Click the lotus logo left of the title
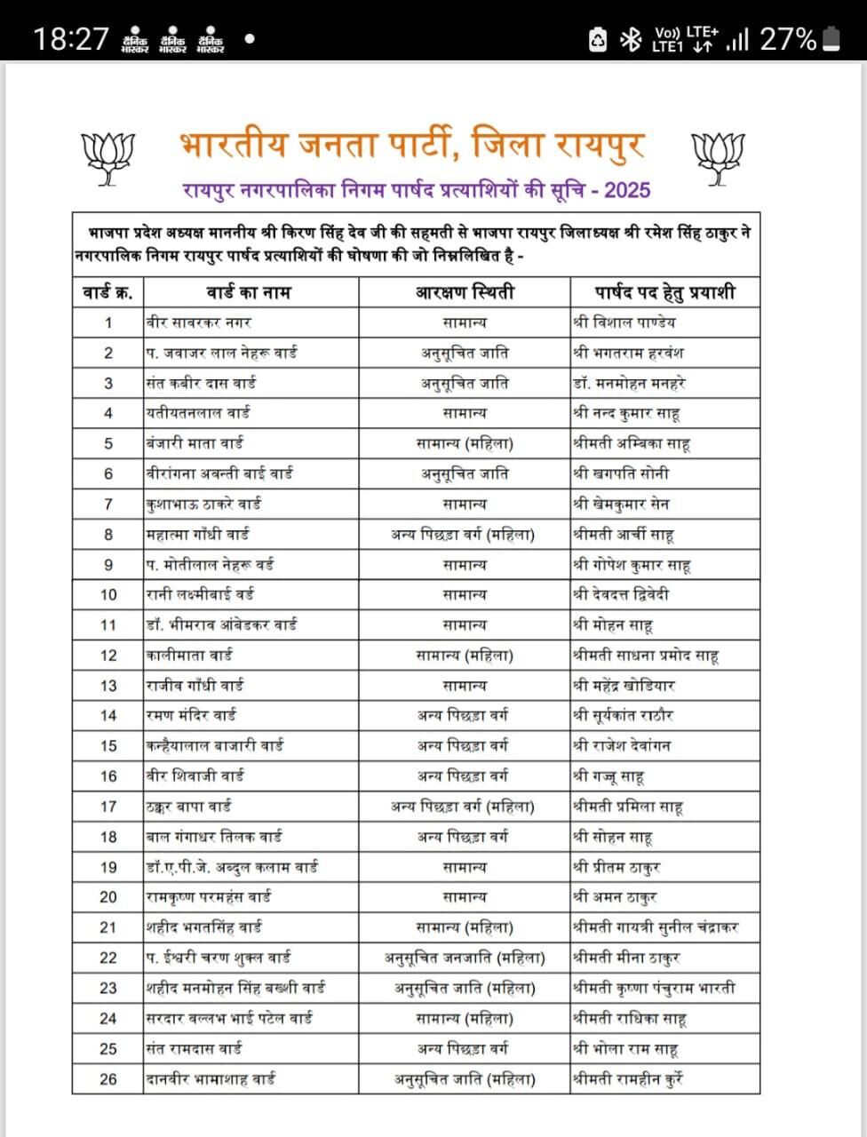click(x=107, y=159)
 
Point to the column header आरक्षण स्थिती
click(x=465, y=292)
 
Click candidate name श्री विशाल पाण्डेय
click(x=624, y=322)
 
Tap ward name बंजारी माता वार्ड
click(x=195, y=443)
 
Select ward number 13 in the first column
click(x=107, y=686)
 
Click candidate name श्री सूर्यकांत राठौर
click(x=624, y=716)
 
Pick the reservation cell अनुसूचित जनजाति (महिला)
click(x=465, y=958)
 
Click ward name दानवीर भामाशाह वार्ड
click(x=211, y=1079)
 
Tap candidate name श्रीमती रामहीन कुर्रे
click(x=628, y=1079)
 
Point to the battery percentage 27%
click(x=788, y=39)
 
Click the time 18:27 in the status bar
click(x=71, y=39)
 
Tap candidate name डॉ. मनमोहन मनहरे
click(x=630, y=383)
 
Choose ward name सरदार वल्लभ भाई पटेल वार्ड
click(x=229, y=1019)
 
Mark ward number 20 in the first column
click(x=107, y=897)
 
